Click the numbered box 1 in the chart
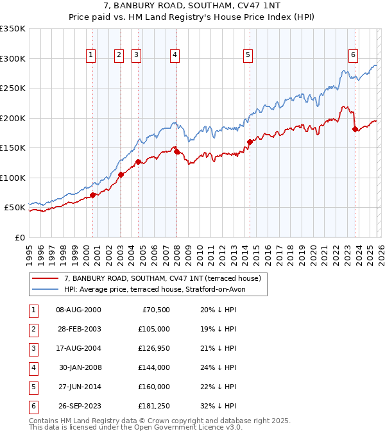(x=90, y=56)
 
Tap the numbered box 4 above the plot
(x=175, y=56)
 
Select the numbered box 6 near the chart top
(x=353, y=56)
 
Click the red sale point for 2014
(x=250, y=142)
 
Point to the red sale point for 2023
(x=355, y=130)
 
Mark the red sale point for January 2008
(x=176, y=152)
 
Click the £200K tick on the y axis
(x=13, y=118)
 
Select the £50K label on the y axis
(x=15, y=208)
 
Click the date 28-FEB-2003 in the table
(x=78, y=329)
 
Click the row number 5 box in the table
(x=32, y=387)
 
